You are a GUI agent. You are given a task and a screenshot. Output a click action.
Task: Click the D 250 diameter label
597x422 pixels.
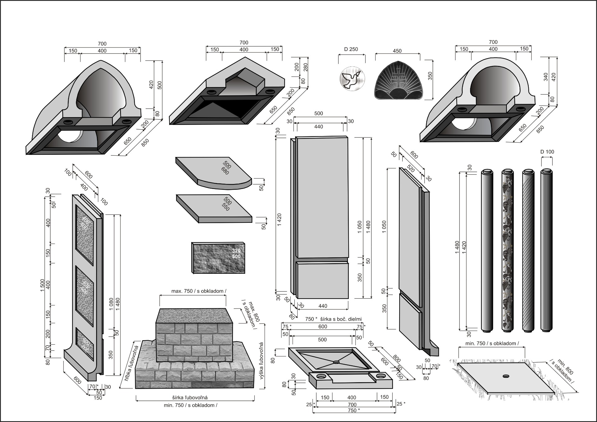coord(351,49)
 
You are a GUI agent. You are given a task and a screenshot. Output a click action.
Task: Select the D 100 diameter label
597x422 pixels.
coord(547,152)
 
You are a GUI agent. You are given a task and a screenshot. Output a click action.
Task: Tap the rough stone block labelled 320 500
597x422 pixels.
coord(218,258)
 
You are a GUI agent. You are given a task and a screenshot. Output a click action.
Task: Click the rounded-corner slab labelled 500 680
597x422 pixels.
coord(215,172)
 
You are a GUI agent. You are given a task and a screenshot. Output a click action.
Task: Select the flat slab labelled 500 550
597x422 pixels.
coord(215,208)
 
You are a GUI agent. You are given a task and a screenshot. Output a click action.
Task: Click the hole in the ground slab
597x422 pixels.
coord(506,376)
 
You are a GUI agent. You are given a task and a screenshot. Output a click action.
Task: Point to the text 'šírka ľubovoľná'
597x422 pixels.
coord(190,397)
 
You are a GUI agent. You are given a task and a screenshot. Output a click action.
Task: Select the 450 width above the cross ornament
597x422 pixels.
coord(397,51)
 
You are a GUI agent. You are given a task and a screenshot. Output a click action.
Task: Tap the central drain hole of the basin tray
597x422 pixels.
coord(336,362)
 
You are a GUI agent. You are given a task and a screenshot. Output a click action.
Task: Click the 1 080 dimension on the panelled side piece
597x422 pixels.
coord(111,305)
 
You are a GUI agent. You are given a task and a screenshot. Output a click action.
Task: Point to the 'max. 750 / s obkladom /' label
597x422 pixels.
coord(199,291)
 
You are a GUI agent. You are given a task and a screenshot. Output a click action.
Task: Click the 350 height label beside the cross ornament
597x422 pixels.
coord(430,76)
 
